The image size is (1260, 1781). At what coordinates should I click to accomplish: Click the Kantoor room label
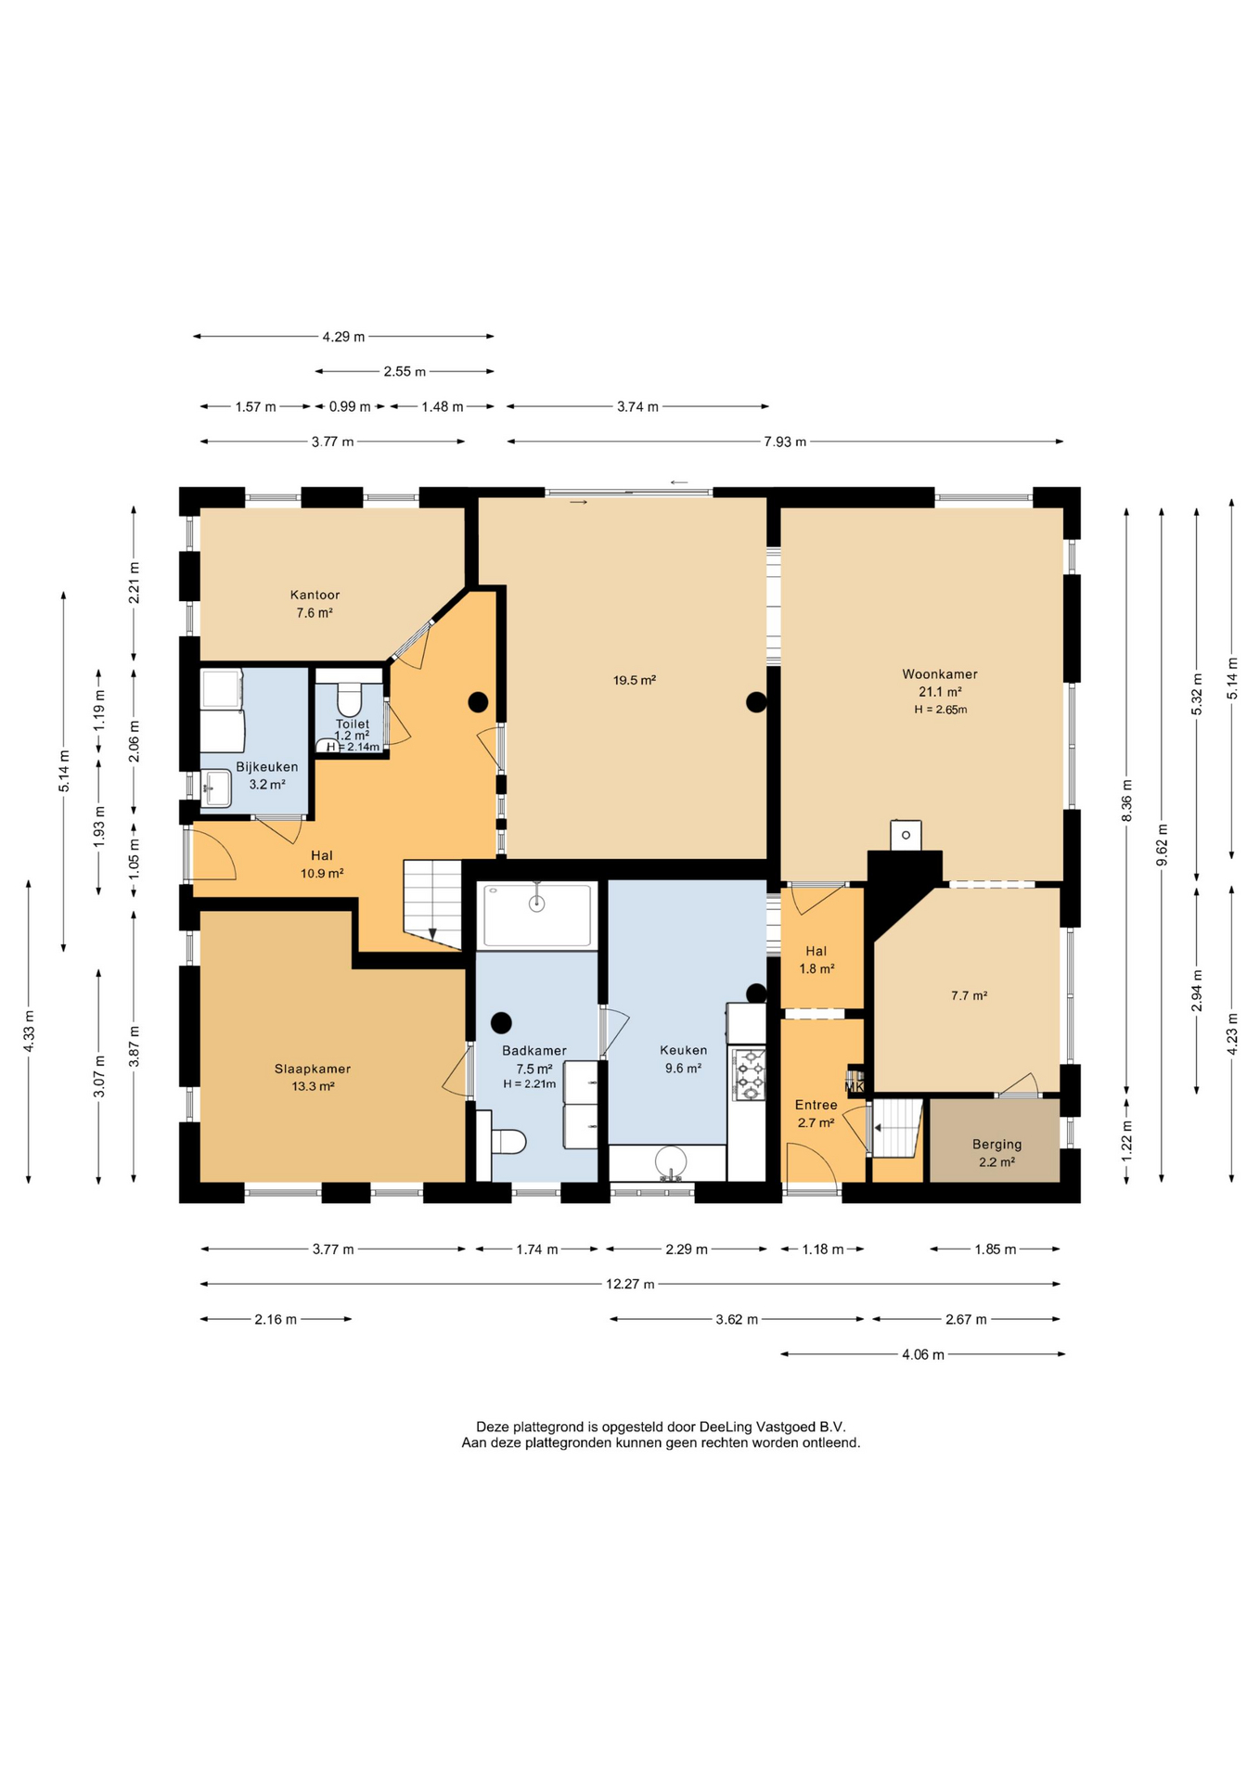(315, 595)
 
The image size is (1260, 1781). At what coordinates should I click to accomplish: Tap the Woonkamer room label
(940, 674)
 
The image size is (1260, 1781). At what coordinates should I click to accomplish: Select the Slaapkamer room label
(313, 1069)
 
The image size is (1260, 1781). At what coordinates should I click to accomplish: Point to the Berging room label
(997, 1145)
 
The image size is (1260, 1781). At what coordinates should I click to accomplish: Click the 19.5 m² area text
(635, 680)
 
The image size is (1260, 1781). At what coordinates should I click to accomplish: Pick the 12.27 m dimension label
(630, 1285)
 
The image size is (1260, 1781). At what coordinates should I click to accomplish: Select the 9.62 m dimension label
(1162, 844)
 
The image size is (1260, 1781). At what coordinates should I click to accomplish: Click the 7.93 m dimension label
(785, 442)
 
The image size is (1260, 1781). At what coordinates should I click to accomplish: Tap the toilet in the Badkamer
(501, 1140)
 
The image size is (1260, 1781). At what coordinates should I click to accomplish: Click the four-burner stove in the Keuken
(749, 1074)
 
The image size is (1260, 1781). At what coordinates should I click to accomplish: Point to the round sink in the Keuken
(670, 1161)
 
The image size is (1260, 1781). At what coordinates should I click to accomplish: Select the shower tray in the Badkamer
(537, 916)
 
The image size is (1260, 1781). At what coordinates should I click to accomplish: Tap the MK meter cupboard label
(855, 1086)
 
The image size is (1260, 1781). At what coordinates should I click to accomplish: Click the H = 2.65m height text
(940, 710)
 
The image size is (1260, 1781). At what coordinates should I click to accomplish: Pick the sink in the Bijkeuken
(216, 789)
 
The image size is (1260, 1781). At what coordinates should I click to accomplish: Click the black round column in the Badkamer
(501, 1023)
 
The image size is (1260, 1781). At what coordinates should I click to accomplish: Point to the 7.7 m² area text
(969, 995)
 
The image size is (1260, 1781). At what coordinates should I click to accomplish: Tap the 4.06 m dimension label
(923, 1354)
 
